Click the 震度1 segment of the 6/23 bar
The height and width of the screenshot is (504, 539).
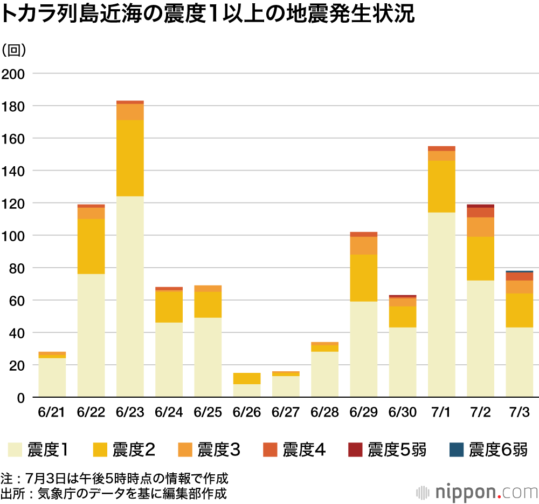click(x=130, y=297)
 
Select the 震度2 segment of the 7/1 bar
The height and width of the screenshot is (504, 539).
click(x=441, y=186)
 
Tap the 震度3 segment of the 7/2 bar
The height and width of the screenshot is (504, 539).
click(x=480, y=227)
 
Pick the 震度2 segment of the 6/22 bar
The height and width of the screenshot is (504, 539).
click(x=91, y=246)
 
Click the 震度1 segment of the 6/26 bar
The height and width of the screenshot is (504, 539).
click(x=247, y=390)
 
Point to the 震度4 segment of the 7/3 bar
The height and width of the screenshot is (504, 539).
click(x=520, y=276)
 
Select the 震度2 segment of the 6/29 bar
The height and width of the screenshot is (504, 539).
click(x=364, y=278)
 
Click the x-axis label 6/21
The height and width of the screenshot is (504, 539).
click(x=52, y=412)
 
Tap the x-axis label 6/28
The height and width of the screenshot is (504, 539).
click(x=324, y=412)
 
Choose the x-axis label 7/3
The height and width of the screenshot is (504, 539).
click(x=519, y=412)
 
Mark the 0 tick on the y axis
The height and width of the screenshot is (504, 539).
click(x=20, y=398)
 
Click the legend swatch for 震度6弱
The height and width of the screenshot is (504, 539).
click(x=455, y=449)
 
